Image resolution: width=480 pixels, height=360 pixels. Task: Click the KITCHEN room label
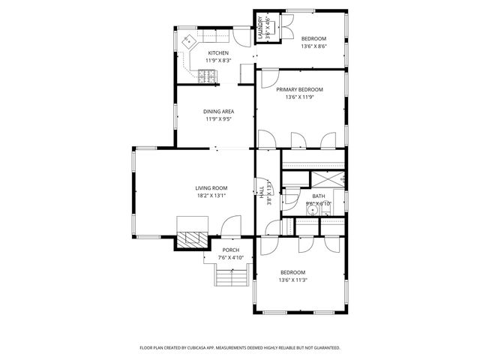(x=218, y=52)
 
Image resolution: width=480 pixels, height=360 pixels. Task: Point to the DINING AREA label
(x=218, y=112)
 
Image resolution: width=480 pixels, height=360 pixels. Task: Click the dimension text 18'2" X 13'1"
(x=211, y=196)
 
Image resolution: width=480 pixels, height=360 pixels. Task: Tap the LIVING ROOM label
(x=211, y=188)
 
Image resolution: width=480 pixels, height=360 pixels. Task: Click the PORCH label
(x=231, y=250)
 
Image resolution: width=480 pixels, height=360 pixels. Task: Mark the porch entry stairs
(x=231, y=277)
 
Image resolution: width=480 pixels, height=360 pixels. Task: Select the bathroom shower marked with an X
(x=328, y=179)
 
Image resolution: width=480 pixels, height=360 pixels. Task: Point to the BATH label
(x=318, y=196)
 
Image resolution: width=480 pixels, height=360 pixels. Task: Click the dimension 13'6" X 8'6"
(x=313, y=46)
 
